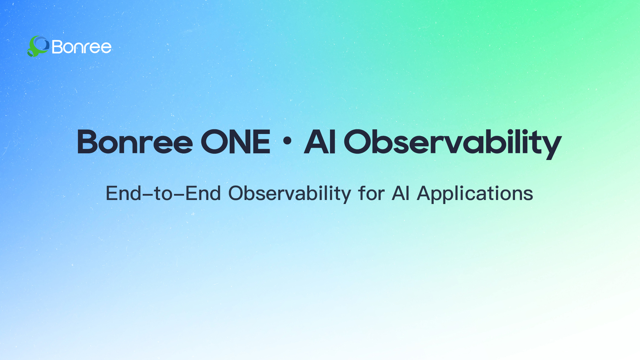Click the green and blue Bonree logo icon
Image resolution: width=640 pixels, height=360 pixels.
point(38,46)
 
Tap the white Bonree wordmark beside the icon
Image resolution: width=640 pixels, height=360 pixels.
point(82,47)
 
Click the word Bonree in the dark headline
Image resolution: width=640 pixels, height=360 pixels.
point(135,142)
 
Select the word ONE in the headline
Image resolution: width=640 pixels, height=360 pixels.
point(236,142)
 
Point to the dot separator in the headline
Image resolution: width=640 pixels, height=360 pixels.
point(287,141)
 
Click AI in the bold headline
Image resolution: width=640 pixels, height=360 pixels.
point(320,142)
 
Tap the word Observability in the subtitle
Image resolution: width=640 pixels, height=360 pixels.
point(290,194)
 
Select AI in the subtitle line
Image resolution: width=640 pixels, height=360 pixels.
point(400,194)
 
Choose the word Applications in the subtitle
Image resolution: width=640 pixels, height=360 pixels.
point(475,194)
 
